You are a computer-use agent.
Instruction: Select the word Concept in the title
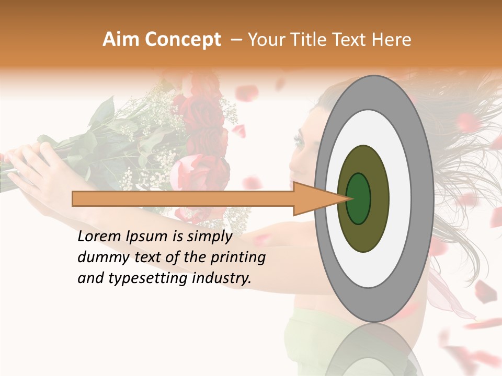coord(182,40)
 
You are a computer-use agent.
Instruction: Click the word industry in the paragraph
coord(221,278)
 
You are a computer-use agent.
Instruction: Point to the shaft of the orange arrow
coord(183,198)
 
